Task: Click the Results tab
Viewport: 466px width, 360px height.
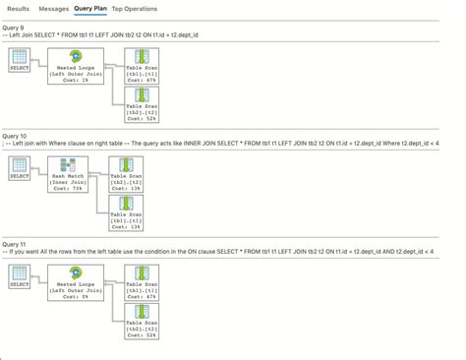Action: (18, 8)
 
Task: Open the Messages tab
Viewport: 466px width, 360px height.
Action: (54, 8)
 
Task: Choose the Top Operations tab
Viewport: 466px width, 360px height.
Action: (136, 8)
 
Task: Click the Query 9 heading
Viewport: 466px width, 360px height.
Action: (16, 28)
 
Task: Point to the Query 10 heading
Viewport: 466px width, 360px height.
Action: (18, 135)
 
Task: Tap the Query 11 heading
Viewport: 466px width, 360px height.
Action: (18, 242)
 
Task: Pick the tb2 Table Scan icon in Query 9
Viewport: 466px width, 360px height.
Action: (141, 95)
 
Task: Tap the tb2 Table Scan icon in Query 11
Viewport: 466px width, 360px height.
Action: (141, 311)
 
